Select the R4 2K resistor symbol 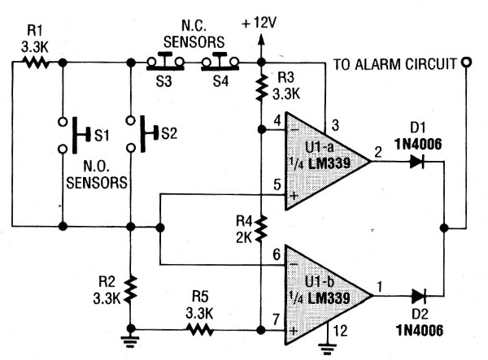tap(261, 228)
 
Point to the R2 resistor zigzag tap(130, 286)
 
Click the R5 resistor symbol tap(199, 330)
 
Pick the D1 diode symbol tap(418, 162)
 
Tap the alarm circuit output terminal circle tap(466, 61)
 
